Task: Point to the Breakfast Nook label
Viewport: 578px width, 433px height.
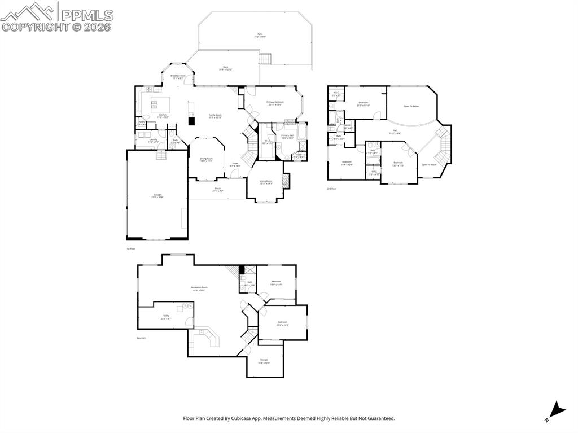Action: tap(178, 76)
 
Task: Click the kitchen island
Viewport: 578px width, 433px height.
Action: tap(160, 103)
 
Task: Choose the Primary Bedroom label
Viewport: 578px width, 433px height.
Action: tap(275, 103)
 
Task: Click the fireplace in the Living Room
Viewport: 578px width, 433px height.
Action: tap(286, 181)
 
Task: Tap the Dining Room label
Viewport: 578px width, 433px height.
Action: tap(206, 159)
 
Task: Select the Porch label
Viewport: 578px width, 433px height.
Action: tap(217, 189)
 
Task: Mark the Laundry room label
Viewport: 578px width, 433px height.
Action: tap(153, 141)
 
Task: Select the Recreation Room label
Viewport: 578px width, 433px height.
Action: tap(199, 288)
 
